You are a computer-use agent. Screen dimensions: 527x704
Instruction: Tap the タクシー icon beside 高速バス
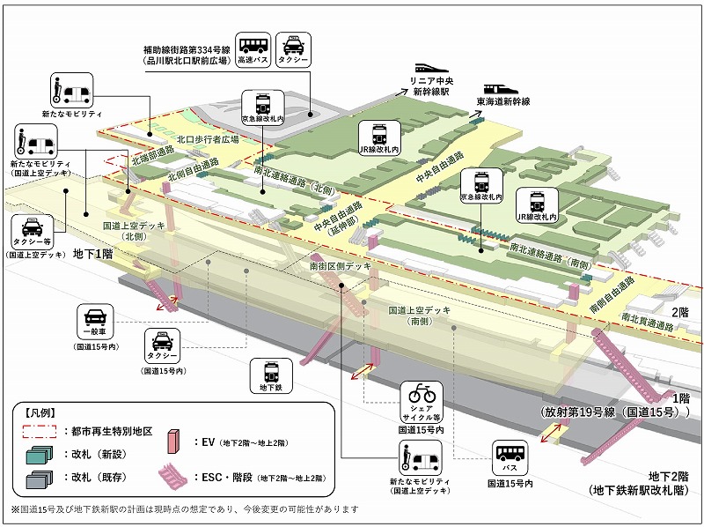(x=293, y=47)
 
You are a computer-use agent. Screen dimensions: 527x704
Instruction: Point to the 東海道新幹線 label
(x=503, y=101)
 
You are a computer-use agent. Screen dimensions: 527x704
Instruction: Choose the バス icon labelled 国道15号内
(x=510, y=457)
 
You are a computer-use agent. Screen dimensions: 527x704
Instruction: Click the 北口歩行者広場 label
(x=207, y=138)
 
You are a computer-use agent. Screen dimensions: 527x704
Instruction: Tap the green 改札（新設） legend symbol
(x=38, y=455)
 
